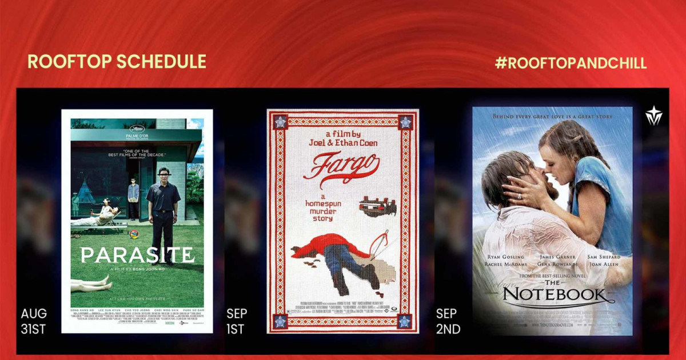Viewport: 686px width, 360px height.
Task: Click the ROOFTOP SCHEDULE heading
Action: [117, 62]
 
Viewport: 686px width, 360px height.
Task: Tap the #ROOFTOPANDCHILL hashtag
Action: [571, 63]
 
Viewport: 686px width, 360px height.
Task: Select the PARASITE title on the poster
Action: [137, 254]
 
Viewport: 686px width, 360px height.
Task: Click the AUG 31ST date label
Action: [34, 321]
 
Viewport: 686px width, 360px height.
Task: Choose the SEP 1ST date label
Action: [237, 321]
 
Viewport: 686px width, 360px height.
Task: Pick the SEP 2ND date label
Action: [448, 321]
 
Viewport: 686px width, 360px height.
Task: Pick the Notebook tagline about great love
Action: [552, 117]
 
